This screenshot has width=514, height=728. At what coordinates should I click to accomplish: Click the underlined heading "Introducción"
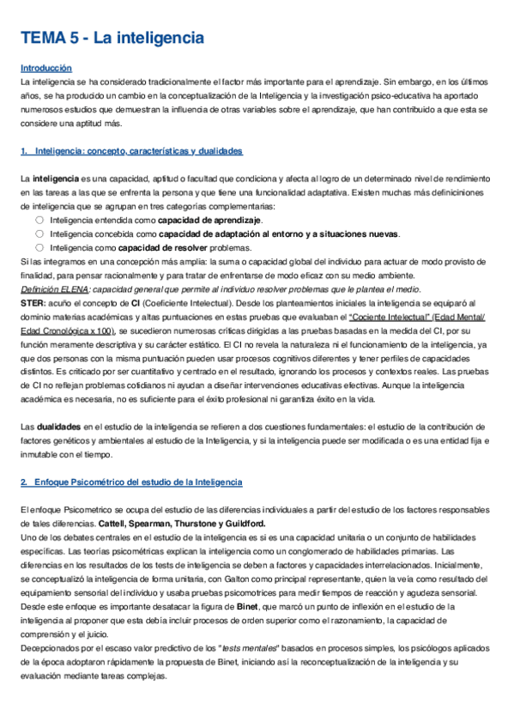pos(46,68)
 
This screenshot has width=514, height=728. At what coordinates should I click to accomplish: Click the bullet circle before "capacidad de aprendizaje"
pos(39,220)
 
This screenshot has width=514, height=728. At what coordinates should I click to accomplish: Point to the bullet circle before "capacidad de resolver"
pos(39,246)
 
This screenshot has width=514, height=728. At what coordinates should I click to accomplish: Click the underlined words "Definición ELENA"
pos(48,288)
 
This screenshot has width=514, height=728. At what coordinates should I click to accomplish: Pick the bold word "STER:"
pos(33,302)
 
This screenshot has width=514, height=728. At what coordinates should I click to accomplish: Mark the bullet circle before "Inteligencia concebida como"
pos(39,234)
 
